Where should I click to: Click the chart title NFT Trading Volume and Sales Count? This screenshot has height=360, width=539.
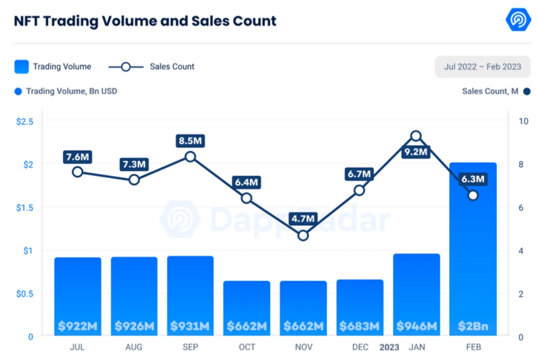(144, 21)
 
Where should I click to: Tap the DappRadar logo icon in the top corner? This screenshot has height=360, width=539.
(518, 20)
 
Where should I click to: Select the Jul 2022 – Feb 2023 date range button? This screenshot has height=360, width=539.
(482, 67)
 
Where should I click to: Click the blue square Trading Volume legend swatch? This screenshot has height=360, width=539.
(22, 67)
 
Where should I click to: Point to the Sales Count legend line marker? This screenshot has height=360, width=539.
(126, 67)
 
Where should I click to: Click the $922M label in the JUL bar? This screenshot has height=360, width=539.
(78, 326)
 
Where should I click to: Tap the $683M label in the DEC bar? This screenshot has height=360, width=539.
(359, 326)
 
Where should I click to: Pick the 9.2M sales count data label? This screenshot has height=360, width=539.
(416, 152)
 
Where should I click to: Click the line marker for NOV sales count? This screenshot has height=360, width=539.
(303, 235)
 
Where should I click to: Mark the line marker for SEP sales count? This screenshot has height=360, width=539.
(190, 157)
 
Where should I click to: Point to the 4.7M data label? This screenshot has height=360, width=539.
(303, 219)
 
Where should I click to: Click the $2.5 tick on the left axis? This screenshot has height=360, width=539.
(25, 121)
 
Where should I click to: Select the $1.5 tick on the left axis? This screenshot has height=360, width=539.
(25, 207)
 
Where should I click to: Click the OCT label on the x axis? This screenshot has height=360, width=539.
(247, 347)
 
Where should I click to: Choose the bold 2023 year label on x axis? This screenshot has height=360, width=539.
(390, 347)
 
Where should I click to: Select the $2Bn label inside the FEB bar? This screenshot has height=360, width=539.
(473, 326)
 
